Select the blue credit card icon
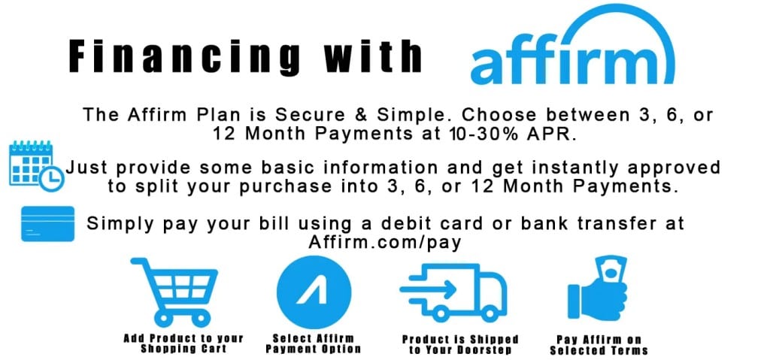47,223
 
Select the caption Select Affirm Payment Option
314,343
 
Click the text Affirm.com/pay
384,242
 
